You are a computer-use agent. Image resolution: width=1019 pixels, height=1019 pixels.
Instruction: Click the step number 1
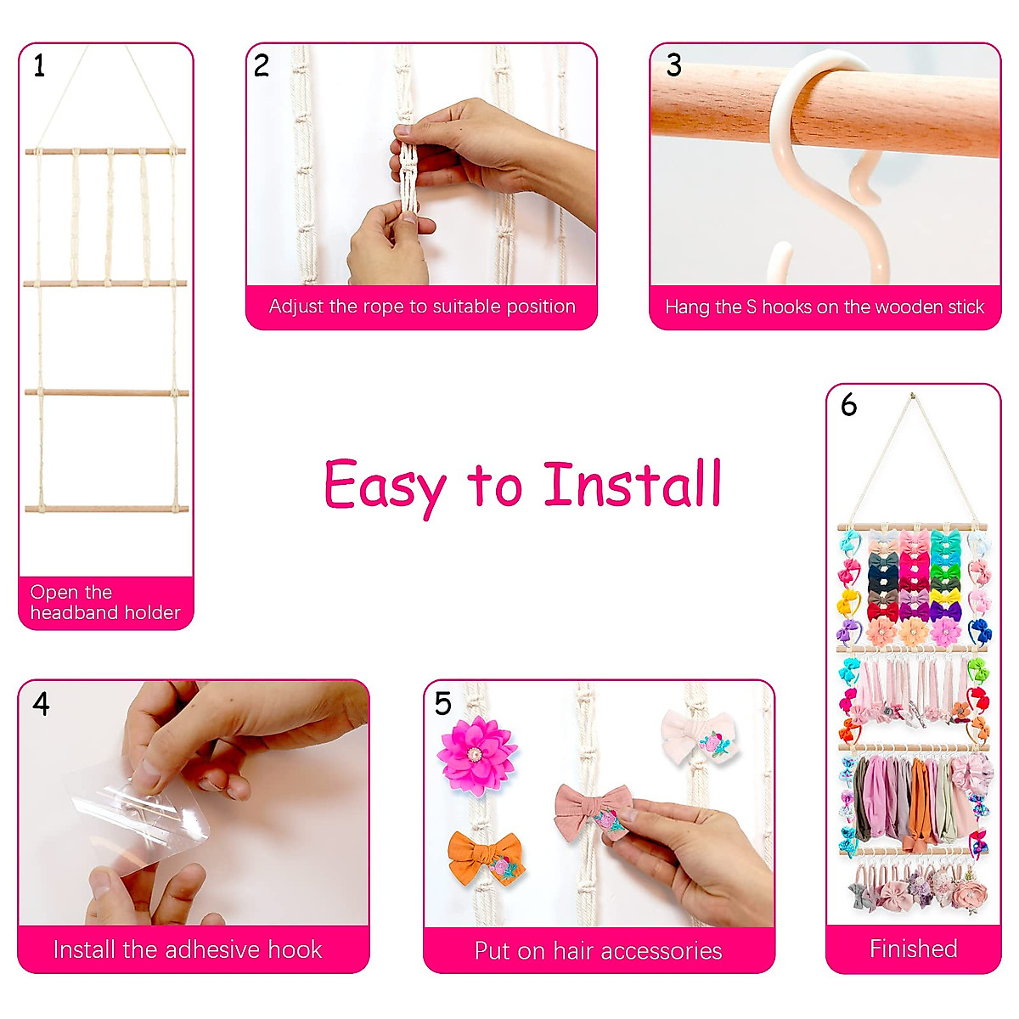pos(39,65)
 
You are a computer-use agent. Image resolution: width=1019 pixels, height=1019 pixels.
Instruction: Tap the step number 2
pos(262,65)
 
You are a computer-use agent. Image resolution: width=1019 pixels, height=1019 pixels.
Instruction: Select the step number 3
pos(673,65)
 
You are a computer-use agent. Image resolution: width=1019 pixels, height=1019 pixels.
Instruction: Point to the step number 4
pos(41,704)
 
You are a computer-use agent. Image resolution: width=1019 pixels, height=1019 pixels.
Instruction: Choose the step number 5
pos(442,704)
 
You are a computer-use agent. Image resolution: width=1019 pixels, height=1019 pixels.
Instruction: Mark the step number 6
pos(848,405)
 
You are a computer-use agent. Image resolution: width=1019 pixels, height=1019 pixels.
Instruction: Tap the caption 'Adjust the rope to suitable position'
pos(422,307)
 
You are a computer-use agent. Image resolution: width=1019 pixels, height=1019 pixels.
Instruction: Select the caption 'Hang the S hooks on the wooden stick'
pos(825,307)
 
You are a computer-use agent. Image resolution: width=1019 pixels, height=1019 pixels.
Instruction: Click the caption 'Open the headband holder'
pos(104,602)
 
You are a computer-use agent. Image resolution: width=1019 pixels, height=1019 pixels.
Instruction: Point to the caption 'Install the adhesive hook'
pos(188,949)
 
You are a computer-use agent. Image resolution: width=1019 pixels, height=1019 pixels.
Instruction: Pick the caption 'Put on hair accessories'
pos(598,950)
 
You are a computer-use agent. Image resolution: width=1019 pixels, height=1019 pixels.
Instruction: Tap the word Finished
pos(913,949)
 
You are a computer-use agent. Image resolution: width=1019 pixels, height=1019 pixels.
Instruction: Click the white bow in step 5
pos(698,736)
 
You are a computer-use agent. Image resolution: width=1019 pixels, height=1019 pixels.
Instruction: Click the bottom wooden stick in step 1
pos(106,509)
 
